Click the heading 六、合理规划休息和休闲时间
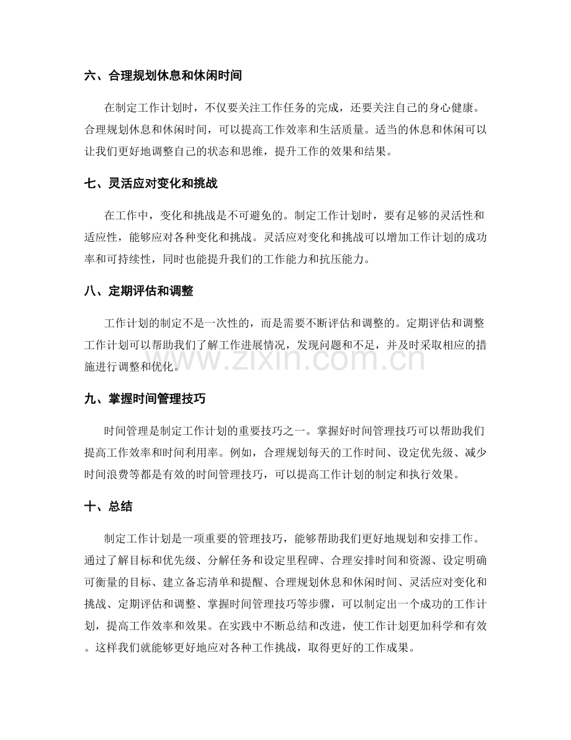(x=163, y=76)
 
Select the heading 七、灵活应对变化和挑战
(x=150, y=185)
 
